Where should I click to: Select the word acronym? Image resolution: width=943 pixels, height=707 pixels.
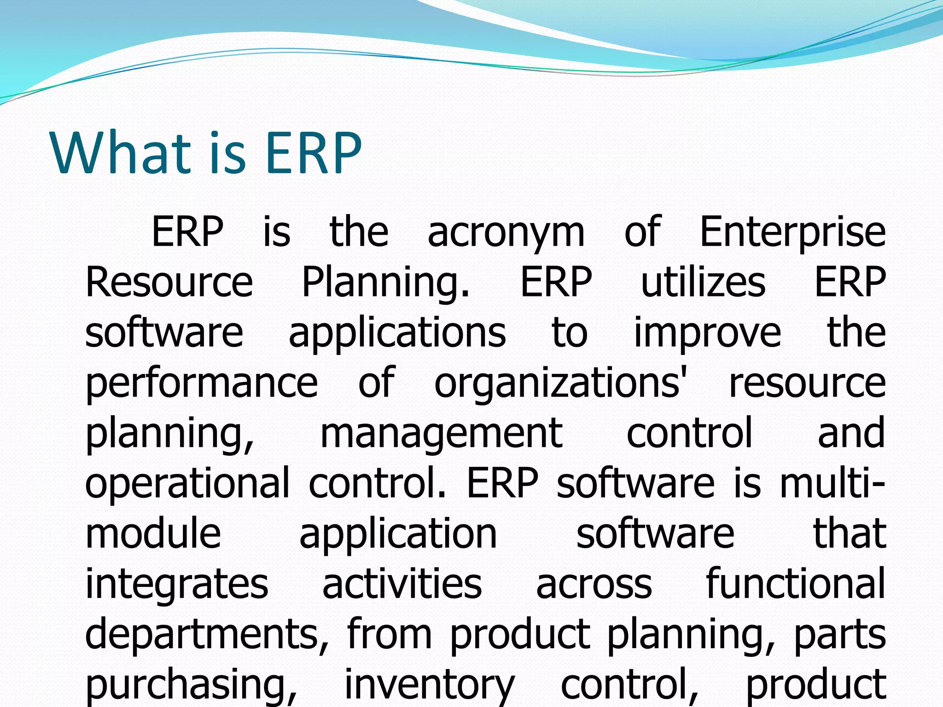(506, 233)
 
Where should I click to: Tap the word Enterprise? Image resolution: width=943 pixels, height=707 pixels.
(792, 233)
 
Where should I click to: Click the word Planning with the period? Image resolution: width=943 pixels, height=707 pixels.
(385, 283)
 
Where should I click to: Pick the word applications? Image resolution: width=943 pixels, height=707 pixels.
(397, 334)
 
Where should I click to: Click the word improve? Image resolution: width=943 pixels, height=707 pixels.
(707, 334)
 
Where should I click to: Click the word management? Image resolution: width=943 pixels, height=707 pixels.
(441, 435)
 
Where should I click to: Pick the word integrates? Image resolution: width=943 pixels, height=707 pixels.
(177, 585)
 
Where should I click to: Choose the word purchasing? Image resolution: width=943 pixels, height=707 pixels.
(191, 686)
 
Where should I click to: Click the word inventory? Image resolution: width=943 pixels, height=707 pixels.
(429, 686)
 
